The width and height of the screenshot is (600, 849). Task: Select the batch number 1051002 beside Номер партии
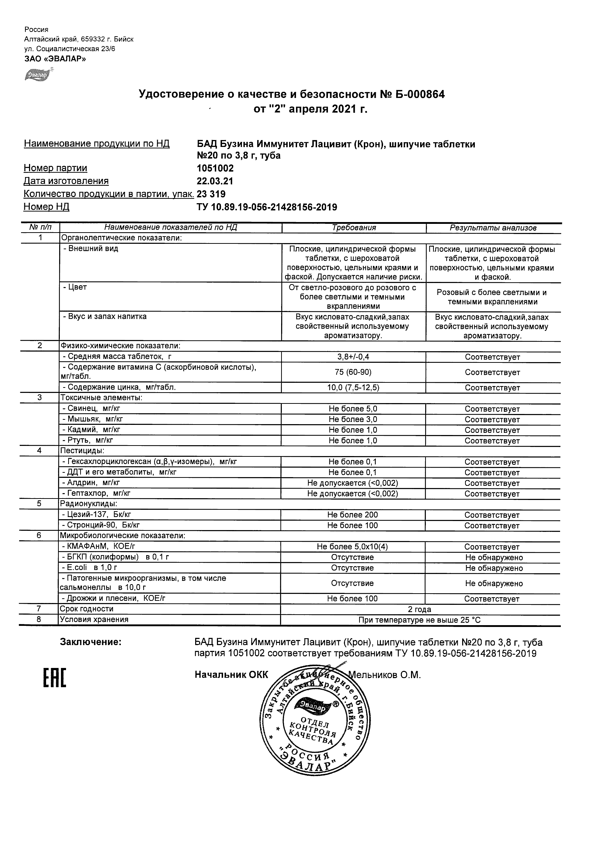(215, 169)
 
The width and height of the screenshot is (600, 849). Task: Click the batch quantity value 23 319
(211, 194)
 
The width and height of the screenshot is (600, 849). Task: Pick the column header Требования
(354, 228)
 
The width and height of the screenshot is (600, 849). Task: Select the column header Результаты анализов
(493, 228)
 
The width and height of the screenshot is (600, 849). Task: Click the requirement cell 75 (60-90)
(353, 372)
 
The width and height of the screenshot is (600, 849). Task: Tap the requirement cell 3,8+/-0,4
(353, 357)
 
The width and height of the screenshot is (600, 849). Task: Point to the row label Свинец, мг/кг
(92, 409)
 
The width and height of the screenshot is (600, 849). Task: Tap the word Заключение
(91, 642)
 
